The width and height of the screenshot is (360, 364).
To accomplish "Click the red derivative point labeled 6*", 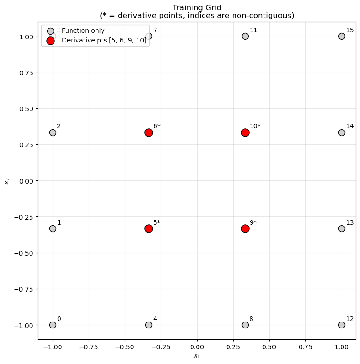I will click(149, 132).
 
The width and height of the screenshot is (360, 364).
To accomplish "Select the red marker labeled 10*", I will click(245, 132).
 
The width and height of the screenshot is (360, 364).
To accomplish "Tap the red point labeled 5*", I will click(149, 228).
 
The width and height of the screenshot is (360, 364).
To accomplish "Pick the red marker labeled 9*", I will click(245, 228).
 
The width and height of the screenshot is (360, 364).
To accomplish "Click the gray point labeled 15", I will click(342, 36).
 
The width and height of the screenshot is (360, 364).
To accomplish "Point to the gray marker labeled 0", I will click(53, 325).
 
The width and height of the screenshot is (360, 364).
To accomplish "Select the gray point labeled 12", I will click(342, 325).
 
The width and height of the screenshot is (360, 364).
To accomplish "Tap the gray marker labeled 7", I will click(149, 36).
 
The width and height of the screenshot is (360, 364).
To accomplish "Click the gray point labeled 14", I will click(342, 132).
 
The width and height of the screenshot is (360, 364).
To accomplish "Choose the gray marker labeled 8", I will click(245, 325).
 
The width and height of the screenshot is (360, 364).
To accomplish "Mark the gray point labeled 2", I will click(53, 132).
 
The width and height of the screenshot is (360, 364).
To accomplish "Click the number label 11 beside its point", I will click(253, 30).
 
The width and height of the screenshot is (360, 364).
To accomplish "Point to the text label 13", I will click(350, 222).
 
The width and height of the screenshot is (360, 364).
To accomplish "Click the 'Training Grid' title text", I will click(197, 7).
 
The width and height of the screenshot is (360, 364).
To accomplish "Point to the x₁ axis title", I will click(197, 356).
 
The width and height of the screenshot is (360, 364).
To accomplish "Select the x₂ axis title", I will click(6, 180).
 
